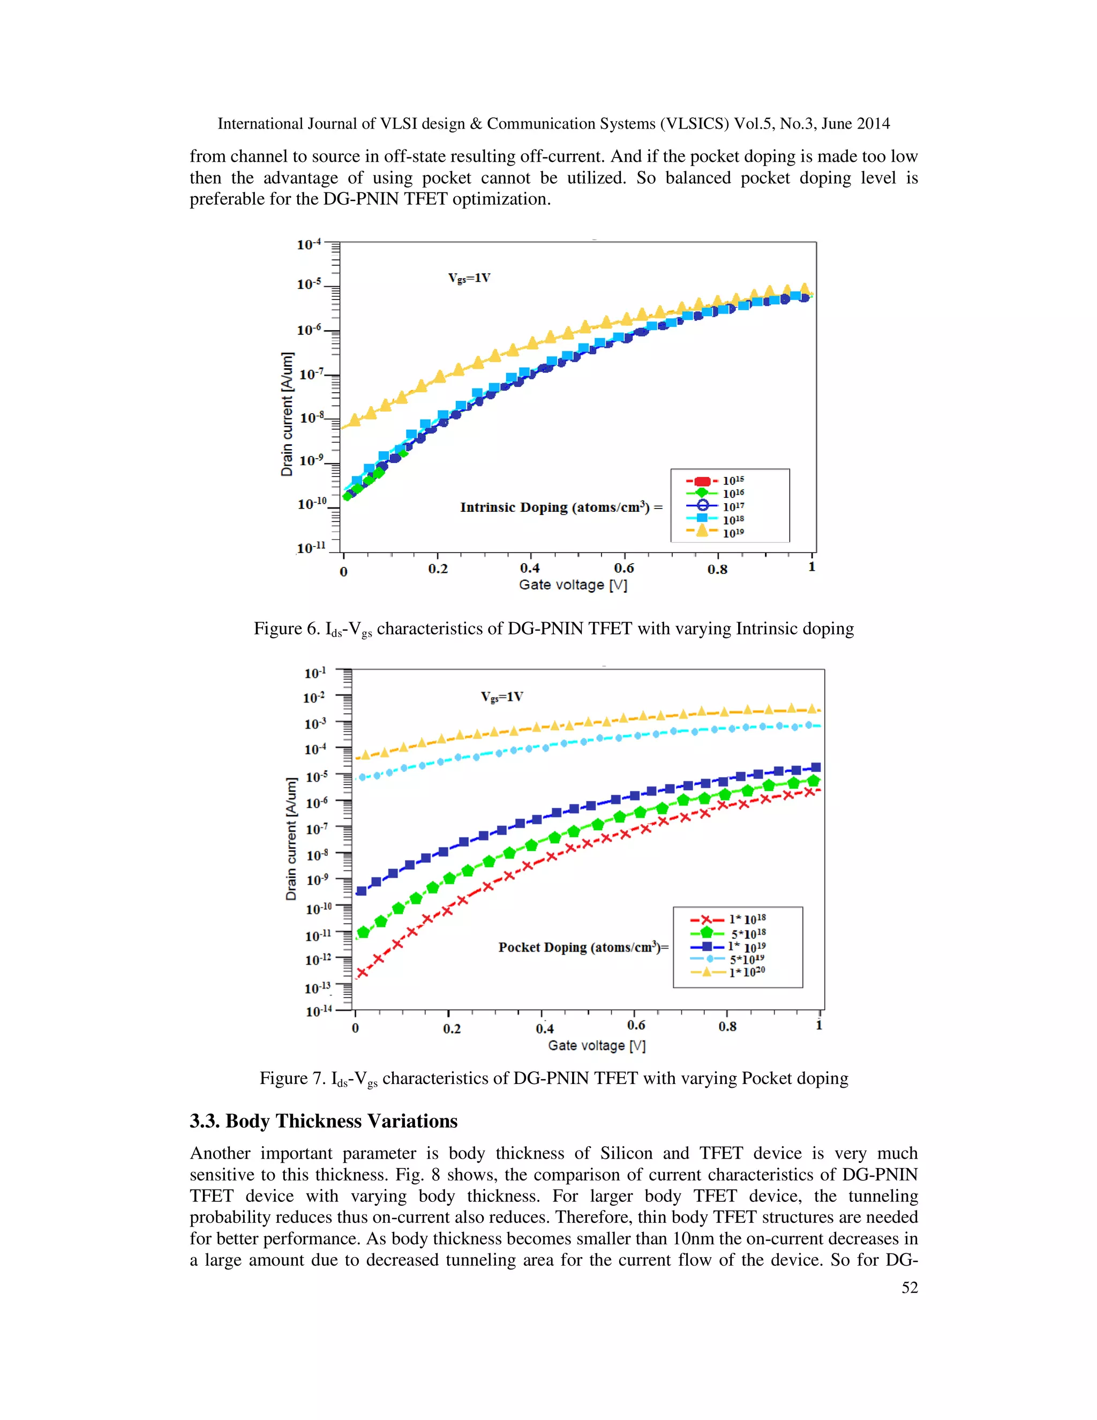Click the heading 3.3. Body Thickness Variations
click(323, 1120)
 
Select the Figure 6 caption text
click(553, 629)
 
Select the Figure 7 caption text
click(553, 1078)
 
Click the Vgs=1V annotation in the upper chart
click(469, 278)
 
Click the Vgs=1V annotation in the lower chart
click(502, 697)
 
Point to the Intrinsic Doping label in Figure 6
click(561, 507)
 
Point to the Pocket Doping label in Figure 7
click(583, 947)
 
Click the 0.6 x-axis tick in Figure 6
click(623, 568)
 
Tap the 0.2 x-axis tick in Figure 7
click(452, 1029)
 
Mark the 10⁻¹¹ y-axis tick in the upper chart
click(311, 548)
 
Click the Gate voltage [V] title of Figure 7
click(596, 1045)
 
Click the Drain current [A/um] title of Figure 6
click(287, 414)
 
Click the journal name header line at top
click(553, 124)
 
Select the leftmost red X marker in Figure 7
click(363, 973)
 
